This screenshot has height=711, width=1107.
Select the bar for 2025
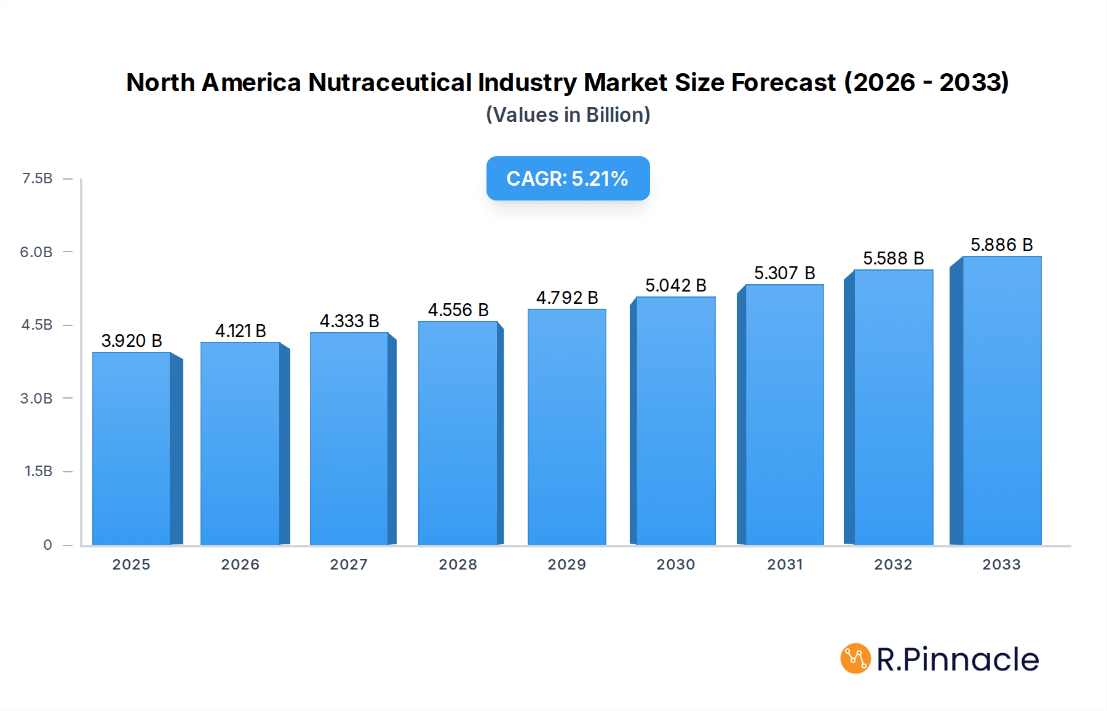click(132, 449)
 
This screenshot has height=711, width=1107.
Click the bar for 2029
click(566, 427)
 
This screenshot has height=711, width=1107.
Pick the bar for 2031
click(784, 415)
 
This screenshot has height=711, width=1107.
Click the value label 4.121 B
click(240, 331)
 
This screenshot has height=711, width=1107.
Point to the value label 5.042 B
click(675, 285)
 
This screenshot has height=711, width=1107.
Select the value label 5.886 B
click(1001, 245)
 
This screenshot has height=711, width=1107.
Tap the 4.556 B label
click(458, 310)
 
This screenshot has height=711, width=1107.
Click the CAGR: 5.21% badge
click(568, 178)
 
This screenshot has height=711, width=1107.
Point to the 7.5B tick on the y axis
click(37, 178)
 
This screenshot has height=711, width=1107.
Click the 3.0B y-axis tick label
click(36, 399)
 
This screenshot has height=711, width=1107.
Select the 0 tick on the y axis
click(47, 545)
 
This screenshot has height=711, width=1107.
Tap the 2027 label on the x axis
click(349, 565)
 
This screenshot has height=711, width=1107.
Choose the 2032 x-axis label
click(893, 565)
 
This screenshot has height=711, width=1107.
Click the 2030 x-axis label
click(675, 565)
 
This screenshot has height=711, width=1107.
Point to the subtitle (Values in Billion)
click(568, 115)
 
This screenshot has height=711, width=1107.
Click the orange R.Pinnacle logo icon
click(855, 659)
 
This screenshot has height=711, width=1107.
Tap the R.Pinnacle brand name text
click(958, 659)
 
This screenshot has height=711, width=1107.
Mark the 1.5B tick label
click(38, 471)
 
